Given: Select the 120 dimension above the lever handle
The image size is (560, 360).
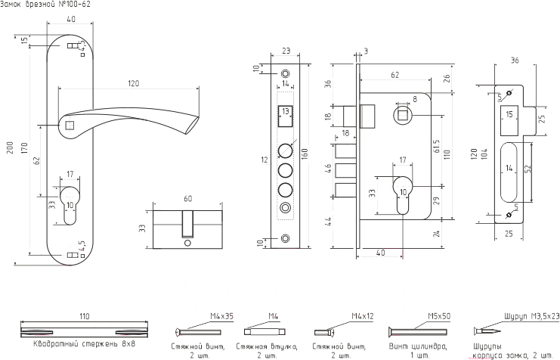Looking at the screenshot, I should pos(134,83).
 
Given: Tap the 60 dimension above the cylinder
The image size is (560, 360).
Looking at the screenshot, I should pos(187,200).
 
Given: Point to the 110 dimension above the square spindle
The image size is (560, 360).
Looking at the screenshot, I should pos(84,315).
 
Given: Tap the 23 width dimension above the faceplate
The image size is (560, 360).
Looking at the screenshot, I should pos(286,51).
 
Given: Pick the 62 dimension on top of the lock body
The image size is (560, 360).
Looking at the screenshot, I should pos(394,75).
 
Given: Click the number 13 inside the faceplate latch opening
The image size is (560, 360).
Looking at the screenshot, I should pos(285,111).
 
